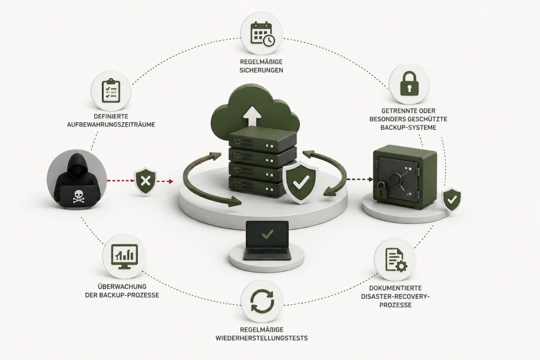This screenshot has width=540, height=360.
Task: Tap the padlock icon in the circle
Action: coord(409,83)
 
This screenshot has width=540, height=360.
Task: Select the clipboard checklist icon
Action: coord(111,91)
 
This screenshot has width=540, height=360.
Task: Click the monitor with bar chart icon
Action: coord(124,257)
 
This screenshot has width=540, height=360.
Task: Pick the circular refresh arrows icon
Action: coord(262,301)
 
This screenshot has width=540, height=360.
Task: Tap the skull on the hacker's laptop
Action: coord(78,197)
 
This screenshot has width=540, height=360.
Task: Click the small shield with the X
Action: coord(145,181)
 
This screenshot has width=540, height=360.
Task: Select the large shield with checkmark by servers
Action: coord(300,182)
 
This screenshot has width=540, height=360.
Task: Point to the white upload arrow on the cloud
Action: coord(253,117)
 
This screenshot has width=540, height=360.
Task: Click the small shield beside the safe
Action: coord(451,199)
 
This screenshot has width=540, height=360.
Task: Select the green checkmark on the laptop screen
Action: coord(267,234)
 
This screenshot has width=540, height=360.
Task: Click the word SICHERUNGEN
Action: coord(262,70)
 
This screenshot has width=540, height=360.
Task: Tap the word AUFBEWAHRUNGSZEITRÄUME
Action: coord(111,124)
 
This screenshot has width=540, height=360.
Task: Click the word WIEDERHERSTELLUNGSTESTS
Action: coord(262,338)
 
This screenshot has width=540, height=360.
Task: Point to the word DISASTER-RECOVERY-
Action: coord(396,297)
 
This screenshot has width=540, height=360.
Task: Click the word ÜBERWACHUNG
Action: coord(122,286)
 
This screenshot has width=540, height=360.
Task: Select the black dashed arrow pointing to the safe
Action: coord(360,179)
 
